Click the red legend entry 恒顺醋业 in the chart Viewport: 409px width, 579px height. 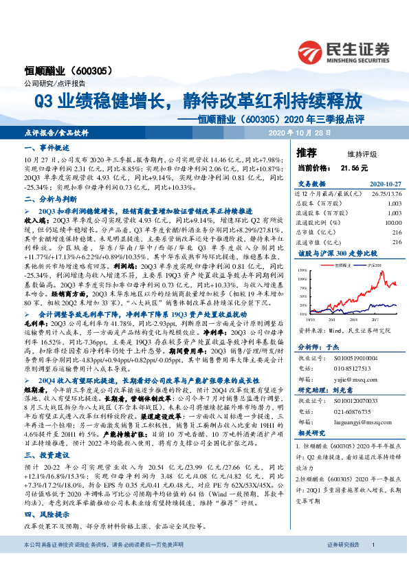point(344,264)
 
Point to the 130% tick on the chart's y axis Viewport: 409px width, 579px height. point(302,271)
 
